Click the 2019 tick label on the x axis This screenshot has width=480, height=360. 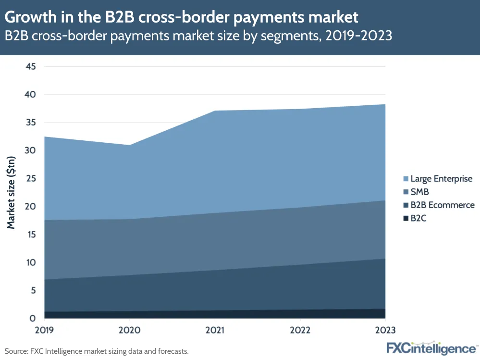tap(45, 330)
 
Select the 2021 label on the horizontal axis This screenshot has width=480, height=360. tap(214, 330)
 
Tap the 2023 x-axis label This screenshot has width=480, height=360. tap(385, 330)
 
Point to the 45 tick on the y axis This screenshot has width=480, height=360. tap(30, 66)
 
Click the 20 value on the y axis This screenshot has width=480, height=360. tap(30, 207)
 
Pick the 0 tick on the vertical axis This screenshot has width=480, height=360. tap(33, 319)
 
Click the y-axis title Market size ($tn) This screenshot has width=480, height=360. tap(12, 192)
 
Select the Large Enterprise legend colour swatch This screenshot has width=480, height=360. tap(406, 179)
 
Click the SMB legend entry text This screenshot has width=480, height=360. tap(420, 192)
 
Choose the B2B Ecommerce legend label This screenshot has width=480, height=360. tap(443, 205)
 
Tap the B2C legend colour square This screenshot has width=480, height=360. tap(406, 218)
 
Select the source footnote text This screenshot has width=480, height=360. tap(97, 351)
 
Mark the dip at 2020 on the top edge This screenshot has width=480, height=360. tap(130, 145)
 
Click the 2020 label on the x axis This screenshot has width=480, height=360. tap(129, 330)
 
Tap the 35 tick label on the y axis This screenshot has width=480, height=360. tap(30, 123)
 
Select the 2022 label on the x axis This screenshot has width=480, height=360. tap(300, 330)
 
